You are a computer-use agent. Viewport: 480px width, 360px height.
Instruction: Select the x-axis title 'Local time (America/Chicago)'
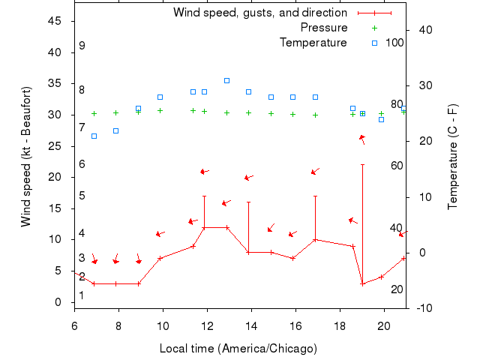tap(238, 349)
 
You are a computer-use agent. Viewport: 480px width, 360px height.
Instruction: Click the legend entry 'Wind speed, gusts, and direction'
tap(259, 13)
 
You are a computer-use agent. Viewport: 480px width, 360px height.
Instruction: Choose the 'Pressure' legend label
tap(323, 28)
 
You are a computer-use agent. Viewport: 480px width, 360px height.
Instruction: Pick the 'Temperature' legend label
tap(313, 43)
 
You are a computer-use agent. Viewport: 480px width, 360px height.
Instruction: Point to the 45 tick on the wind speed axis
tap(55, 21)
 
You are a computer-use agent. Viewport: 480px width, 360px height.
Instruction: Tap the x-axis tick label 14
tap(252, 325)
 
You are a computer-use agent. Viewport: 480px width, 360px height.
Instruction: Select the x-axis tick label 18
tap(340, 325)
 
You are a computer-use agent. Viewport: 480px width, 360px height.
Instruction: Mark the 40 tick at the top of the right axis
tap(425, 30)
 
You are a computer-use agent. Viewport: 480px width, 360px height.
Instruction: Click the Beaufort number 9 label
tap(82, 46)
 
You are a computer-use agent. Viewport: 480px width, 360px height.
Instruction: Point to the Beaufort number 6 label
tap(82, 164)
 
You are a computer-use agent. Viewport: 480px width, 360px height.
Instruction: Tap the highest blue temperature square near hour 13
tap(226, 80)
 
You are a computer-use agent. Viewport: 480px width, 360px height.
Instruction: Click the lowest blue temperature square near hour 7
tap(94, 136)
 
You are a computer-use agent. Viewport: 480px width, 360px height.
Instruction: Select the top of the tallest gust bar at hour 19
tap(362, 165)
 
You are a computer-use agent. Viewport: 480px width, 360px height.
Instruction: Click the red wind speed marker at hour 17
tap(315, 240)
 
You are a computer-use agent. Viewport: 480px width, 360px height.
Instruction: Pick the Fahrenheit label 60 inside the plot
tap(397, 165)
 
